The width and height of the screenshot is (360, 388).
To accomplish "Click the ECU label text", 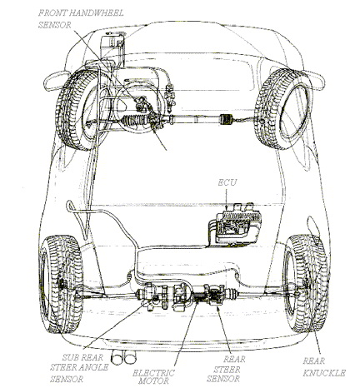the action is pyautogui.click(x=227, y=182).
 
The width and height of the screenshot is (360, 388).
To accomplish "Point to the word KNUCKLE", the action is pyautogui.click(x=324, y=373).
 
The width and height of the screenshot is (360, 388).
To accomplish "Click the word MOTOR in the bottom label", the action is pyautogui.click(x=153, y=381).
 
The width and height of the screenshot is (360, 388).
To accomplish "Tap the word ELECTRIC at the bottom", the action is pyautogui.click(x=153, y=373).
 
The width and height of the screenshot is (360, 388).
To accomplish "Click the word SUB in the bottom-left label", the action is pyautogui.click(x=72, y=357).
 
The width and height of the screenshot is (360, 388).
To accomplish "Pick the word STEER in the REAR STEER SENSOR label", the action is pyautogui.click(x=227, y=370).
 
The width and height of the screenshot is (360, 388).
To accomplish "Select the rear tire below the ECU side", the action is pyautogui.click(x=307, y=283).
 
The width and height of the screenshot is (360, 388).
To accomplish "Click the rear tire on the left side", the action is pyautogui.click(x=61, y=285).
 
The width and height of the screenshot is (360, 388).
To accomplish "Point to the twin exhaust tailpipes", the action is pyautogui.click(x=124, y=357).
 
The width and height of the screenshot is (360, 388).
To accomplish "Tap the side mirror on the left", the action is pyautogui.click(x=56, y=80).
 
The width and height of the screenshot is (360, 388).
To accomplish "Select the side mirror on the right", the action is pyautogui.click(x=315, y=81).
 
